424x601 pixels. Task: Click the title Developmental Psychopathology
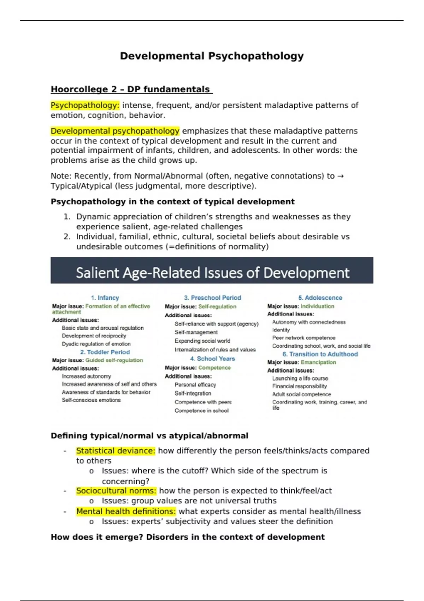[212, 56]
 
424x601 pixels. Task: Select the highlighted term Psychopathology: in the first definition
[85, 105]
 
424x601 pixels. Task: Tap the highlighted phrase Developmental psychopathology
[115, 131]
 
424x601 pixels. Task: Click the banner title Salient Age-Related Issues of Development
[212, 273]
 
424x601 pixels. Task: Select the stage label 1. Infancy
[105, 298]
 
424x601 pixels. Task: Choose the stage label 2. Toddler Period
[105, 352]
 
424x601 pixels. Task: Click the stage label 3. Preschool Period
[212, 298]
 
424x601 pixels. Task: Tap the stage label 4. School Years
[212, 358]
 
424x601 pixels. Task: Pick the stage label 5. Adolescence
[320, 298]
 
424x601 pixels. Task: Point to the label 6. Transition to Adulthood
[320, 354]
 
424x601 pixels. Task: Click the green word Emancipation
[318, 362]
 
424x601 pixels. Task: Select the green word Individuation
[317, 306]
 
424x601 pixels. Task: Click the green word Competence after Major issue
[214, 368]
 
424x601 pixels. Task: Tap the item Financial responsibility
[299, 386]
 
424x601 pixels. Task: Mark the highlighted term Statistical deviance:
[116, 451]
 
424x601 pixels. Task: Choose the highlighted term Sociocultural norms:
[116, 491]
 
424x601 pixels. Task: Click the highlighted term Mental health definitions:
[126, 512]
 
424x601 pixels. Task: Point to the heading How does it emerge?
[97, 537]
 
